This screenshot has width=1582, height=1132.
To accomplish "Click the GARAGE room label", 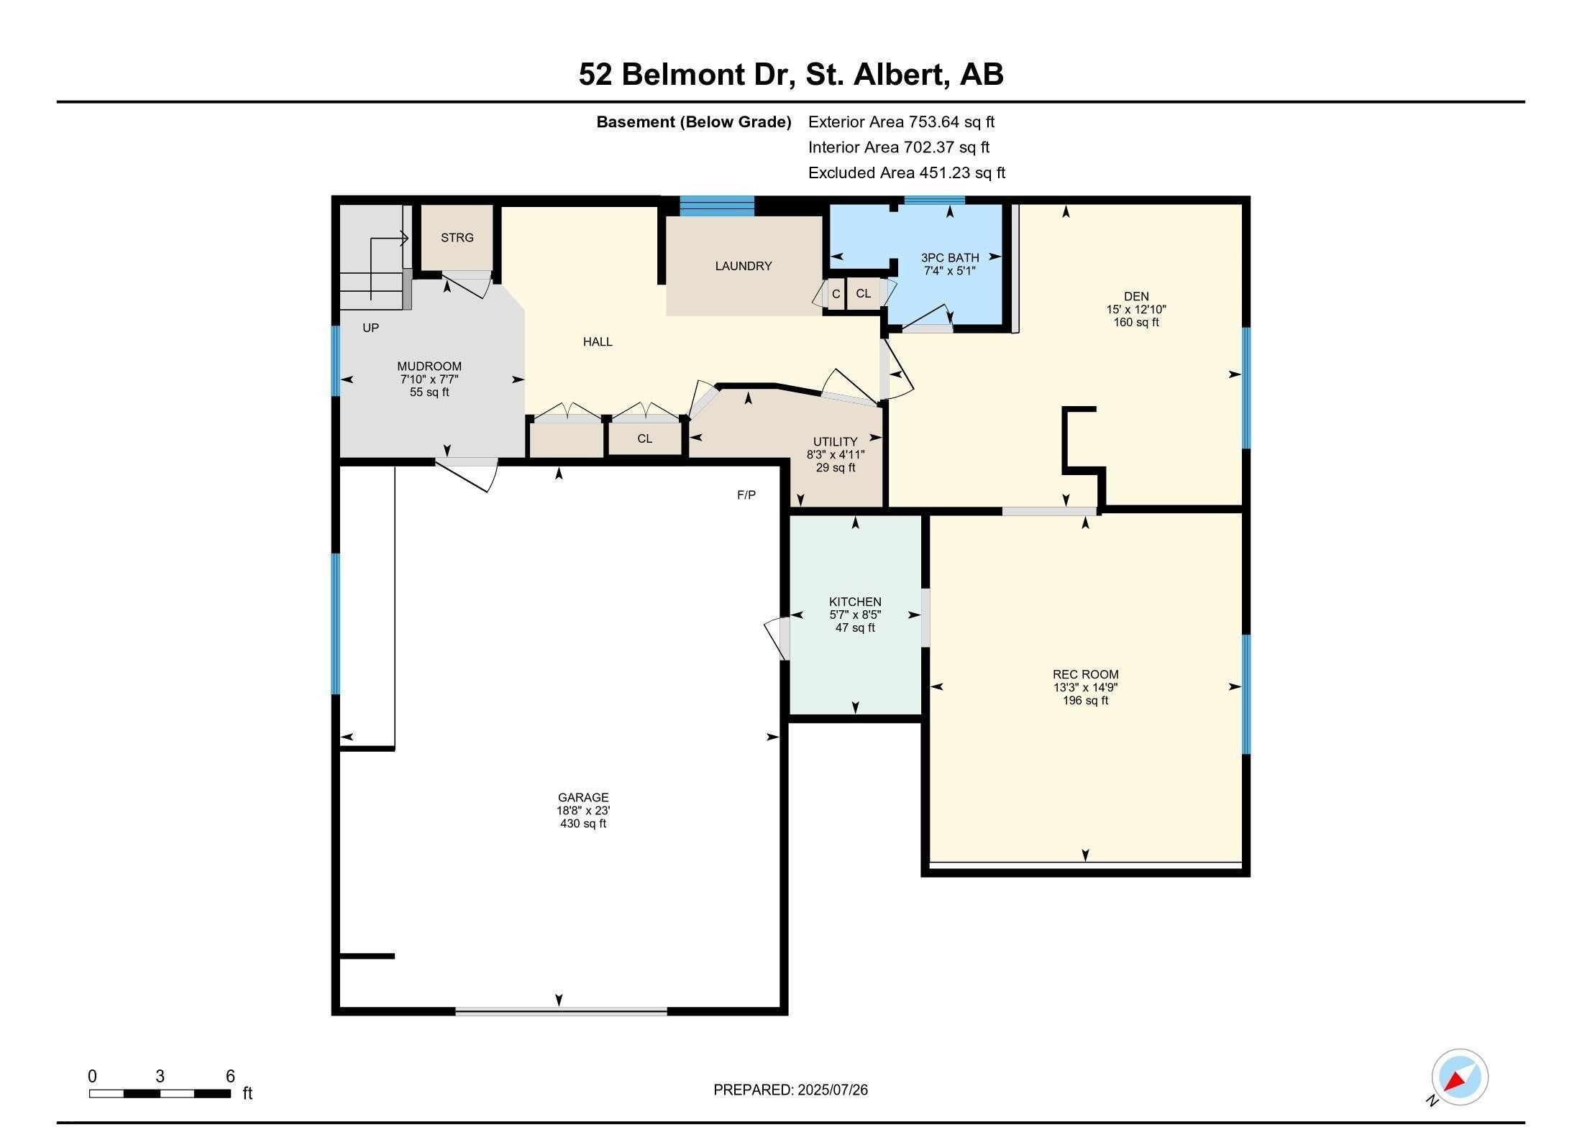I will point(582,797).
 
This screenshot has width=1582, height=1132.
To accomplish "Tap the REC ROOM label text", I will point(1085,674).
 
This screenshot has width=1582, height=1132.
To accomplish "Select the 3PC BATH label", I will point(950,257).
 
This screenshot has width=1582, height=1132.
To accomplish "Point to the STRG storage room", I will point(457,237).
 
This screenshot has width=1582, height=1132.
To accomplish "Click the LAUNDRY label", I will point(743,266).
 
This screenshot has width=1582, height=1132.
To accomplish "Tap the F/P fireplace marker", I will point(746,495).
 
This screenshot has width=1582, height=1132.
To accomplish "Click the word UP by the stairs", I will point(370,328).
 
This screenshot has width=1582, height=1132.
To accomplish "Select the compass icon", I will point(1459,1077).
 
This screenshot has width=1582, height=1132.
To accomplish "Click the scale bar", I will point(160,1093).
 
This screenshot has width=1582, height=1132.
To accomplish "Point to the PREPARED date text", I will point(790,1090).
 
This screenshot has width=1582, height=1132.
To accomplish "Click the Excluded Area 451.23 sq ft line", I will point(906,172).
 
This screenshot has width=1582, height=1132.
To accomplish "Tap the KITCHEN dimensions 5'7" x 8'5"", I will point(855,615).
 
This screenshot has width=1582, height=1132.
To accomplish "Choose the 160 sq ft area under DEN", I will point(1136,322).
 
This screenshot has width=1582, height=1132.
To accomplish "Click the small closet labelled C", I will point(836,294).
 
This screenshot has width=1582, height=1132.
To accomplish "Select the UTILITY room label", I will point(835,441).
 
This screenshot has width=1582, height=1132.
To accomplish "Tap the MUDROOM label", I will point(429,366).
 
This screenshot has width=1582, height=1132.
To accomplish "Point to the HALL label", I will point(598,342).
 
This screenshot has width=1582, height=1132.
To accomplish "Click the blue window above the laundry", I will point(717,206).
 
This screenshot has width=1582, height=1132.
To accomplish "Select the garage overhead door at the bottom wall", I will point(561,1011).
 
